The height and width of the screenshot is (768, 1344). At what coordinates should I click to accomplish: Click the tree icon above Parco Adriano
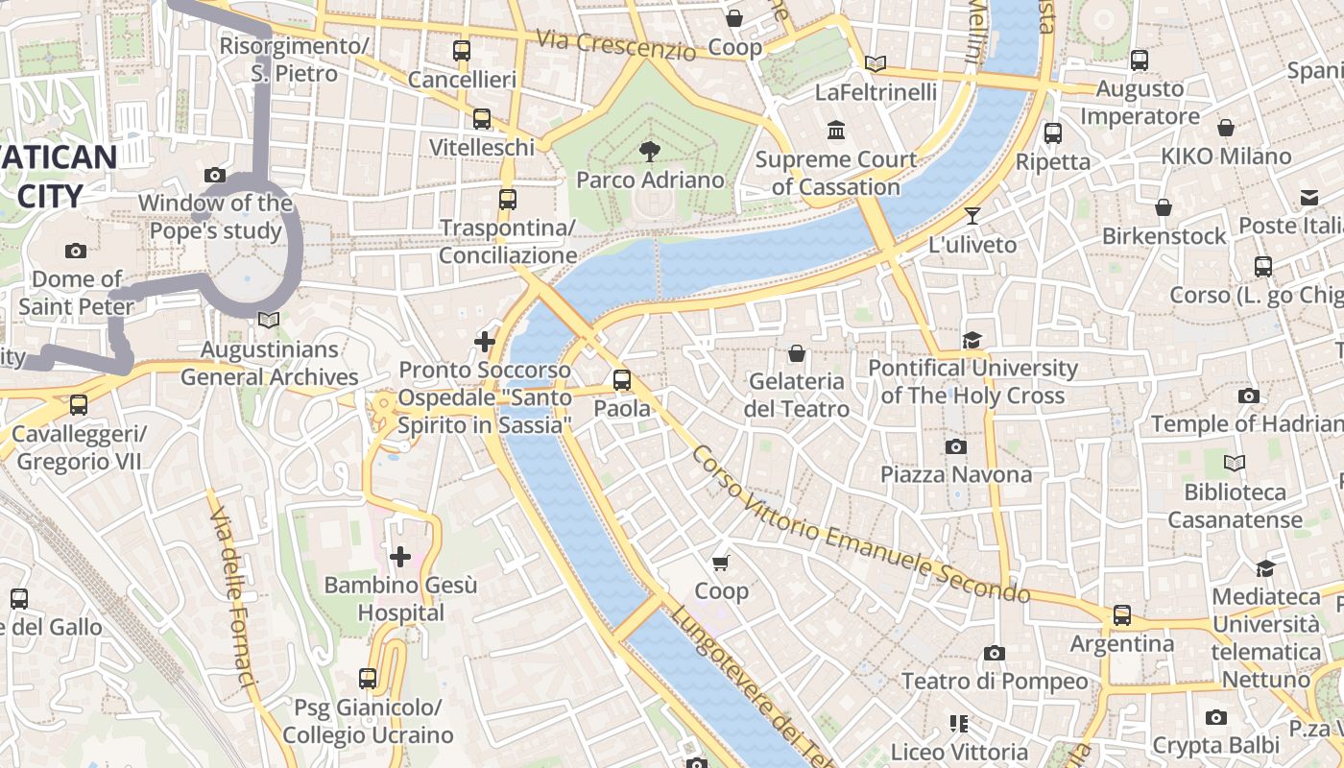click(650, 151)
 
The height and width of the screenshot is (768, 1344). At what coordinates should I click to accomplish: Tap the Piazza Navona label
click(956, 474)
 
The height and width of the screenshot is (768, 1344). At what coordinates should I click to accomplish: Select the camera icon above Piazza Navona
click(955, 446)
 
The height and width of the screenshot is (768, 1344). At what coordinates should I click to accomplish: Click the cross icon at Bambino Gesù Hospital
click(400, 556)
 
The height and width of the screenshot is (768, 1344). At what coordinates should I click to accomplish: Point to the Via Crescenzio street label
click(614, 44)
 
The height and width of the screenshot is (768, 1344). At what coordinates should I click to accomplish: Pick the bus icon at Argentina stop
click(1121, 614)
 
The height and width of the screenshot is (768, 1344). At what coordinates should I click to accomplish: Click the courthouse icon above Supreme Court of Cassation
click(836, 130)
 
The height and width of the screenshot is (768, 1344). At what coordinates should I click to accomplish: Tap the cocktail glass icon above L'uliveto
click(972, 216)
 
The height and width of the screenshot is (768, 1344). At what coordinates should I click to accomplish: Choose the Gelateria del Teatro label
click(796, 395)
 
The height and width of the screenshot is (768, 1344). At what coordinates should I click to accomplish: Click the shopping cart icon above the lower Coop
click(721, 563)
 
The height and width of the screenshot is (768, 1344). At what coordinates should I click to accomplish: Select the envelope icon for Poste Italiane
click(1309, 198)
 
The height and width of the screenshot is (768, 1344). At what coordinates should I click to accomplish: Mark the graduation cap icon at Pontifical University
click(972, 340)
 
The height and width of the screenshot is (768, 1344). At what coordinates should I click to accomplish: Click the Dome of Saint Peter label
click(76, 293)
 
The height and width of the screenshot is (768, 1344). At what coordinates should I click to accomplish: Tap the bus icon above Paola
click(622, 380)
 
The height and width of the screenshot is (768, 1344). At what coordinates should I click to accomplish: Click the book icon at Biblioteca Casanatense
click(1235, 464)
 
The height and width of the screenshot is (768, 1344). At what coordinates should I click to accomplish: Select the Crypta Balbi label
click(1215, 745)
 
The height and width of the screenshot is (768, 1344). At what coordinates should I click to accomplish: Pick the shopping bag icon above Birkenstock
click(1164, 207)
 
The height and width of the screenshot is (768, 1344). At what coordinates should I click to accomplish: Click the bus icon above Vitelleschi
click(482, 119)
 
